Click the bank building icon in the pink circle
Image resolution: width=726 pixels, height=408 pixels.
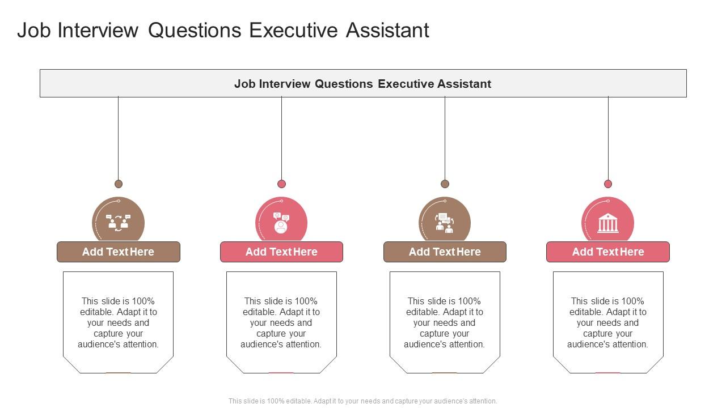[607, 223]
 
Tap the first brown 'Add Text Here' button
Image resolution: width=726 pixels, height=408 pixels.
[118, 252]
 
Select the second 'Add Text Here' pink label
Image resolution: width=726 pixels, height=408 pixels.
[281, 252]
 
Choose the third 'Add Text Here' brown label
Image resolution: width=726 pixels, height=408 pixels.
[445, 252]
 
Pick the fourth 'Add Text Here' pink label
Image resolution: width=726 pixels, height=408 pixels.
[607, 252]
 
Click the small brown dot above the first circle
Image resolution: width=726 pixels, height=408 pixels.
[119, 184]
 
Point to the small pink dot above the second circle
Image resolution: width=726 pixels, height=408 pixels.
[281, 184]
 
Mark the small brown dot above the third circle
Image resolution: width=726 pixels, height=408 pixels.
[445, 184]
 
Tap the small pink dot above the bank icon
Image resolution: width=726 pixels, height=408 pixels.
[608, 184]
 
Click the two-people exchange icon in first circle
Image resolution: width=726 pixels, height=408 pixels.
[118, 223]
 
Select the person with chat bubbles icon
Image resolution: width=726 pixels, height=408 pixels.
[281, 223]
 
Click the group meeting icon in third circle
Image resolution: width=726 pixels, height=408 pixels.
[444, 223]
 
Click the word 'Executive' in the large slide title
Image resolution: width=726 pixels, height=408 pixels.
[294, 31]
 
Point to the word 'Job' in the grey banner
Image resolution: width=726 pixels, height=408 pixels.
[244, 84]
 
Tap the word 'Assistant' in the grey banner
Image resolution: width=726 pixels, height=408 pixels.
[464, 84]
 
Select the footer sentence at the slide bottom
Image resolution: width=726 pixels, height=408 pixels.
[363, 401]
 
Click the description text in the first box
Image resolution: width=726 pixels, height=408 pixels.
[118, 322]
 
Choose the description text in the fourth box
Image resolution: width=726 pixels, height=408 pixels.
[607, 322]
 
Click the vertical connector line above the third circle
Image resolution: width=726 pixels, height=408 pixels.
[445, 139]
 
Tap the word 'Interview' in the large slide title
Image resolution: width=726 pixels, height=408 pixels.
[99, 31]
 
